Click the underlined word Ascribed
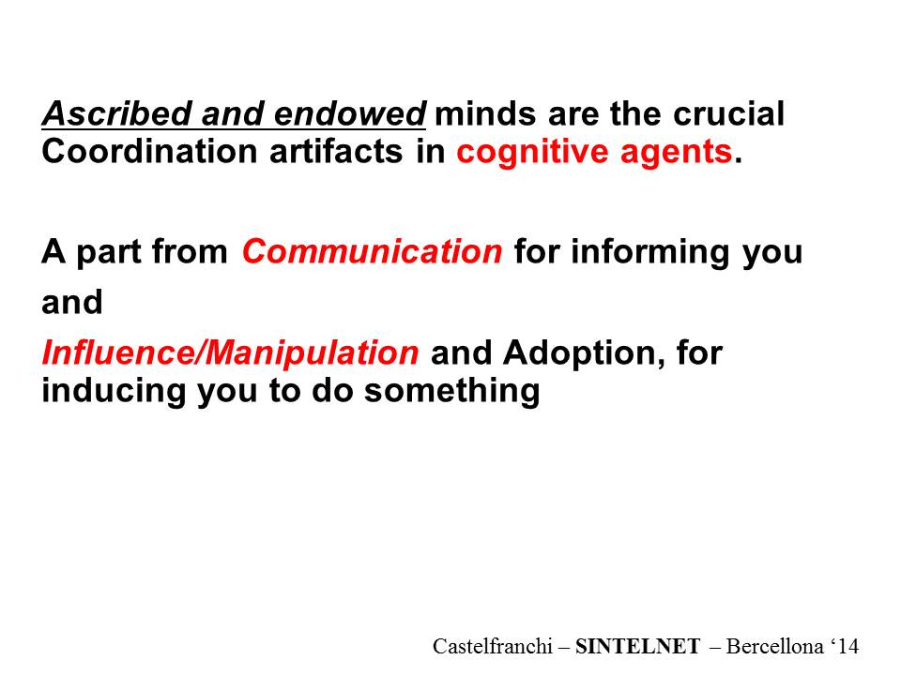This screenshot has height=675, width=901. [x=117, y=113]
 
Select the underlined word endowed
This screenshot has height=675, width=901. [x=350, y=113]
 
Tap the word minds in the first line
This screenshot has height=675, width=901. [x=487, y=113]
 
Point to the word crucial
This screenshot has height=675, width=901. [x=728, y=113]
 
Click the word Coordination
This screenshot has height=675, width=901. [x=149, y=152]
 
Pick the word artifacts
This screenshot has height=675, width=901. [x=336, y=152]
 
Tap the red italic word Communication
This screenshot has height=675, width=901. [x=373, y=251]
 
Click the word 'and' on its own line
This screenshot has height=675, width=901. [x=72, y=302]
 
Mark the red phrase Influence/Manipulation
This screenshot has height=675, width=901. [x=231, y=353]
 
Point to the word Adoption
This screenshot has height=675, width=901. [x=580, y=353]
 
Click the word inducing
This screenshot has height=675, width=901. [x=114, y=392]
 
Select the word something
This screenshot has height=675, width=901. [x=452, y=392]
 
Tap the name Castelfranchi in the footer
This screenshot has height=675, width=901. [x=493, y=646]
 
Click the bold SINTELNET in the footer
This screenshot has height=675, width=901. [x=638, y=646]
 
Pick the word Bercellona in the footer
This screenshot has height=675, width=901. [x=774, y=646]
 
